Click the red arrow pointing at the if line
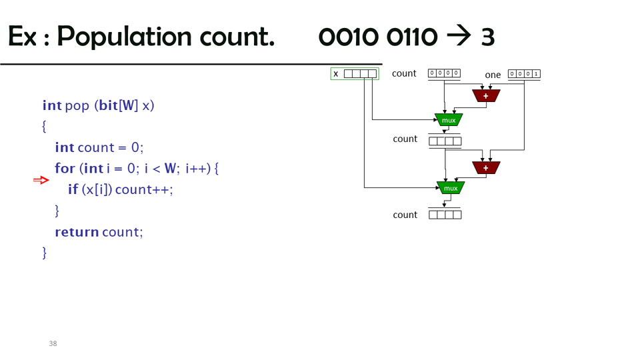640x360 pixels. click(x=41, y=180)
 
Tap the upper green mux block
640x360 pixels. click(x=449, y=120)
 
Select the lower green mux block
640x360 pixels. click(x=451, y=188)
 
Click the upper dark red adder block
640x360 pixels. click(x=486, y=96)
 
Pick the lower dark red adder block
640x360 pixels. click(x=486, y=167)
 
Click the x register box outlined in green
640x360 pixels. click(x=355, y=73)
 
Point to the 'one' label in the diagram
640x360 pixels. click(x=493, y=75)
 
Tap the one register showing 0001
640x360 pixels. click(x=524, y=74)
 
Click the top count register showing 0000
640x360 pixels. click(x=444, y=73)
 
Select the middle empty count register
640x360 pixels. click(x=445, y=141)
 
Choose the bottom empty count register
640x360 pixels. click(x=445, y=215)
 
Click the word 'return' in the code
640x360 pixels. click(x=77, y=232)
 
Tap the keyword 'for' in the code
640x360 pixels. click(x=65, y=168)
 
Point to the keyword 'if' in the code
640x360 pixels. click(x=73, y=189)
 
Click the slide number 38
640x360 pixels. click(x=53, y=343)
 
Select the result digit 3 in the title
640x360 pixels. click(x=488, y=37)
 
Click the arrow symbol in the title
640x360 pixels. click(x=459, y=37)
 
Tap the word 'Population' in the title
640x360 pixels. click(x=166, y=37)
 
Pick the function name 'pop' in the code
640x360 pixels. click(x=77, y=105)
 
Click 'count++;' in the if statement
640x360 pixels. click(x=144, y=189)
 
